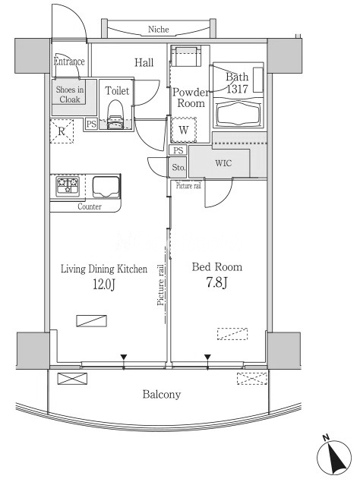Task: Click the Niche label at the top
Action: (x=159, y=30)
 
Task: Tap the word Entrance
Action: (x=69, y=61)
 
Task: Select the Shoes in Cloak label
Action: (x=70, y=94)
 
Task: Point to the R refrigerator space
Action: (x=62, y=131)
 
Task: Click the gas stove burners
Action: (x=68, y=186)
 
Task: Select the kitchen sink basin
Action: (x=106, y=187)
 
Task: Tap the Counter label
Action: (x=90, y=206)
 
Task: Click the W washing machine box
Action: (x=184, y=130)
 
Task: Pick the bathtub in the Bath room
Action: (x=238, y=114)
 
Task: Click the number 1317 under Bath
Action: (x=237, y=89)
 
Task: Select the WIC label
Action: (x=224, y=163)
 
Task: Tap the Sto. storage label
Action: (x=178, y=167)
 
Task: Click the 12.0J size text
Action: (x=104, y=285)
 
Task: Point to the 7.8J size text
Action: (x=217, y=282)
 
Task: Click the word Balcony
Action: (x=162, y=395)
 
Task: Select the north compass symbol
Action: (x=334, y=455)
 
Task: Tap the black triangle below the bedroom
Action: (x=207, y=358)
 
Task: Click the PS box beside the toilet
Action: (x=91, y=124)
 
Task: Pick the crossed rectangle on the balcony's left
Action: (x=72, y=379)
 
